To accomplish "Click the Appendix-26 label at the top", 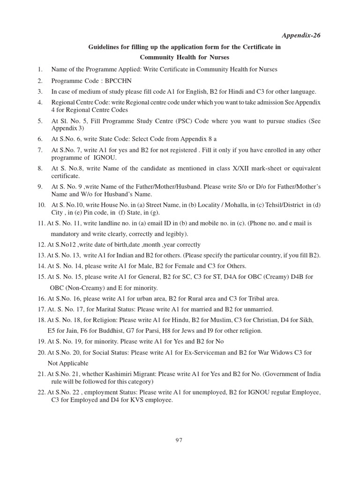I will coord(301,36).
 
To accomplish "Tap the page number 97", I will coord(179,440).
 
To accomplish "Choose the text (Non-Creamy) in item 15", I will coord(83,288).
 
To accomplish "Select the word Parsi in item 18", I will coord(153,331).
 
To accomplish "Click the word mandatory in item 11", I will coord(67,234).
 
